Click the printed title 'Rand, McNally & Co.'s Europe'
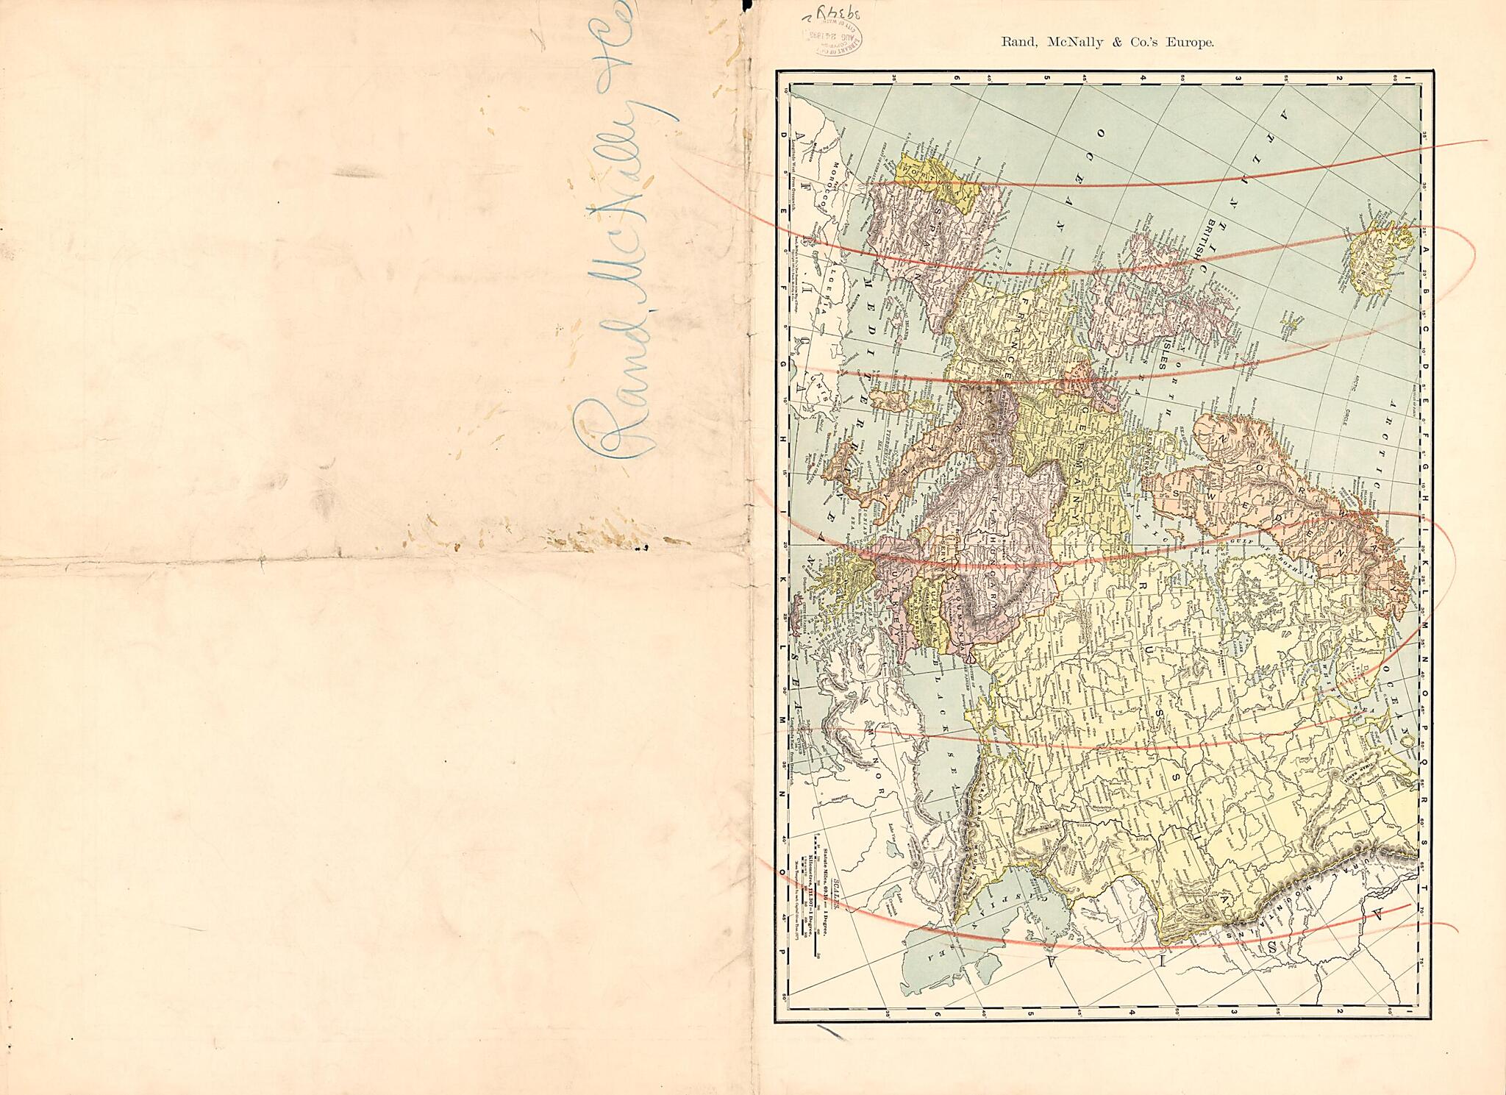[1107, 43]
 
